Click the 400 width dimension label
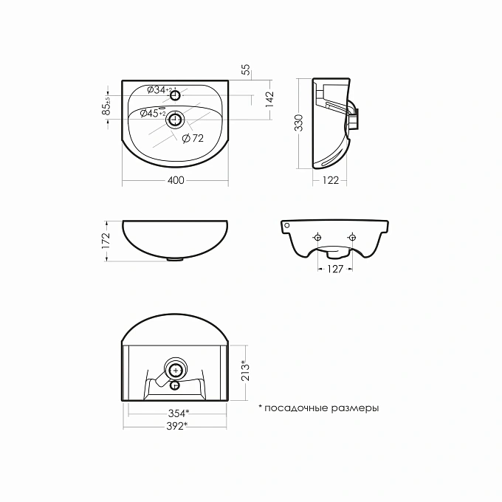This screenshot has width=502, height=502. tap(176, 180)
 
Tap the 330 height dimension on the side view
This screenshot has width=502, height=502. tap(299, 123)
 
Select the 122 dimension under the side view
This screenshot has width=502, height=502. tap(331, 181)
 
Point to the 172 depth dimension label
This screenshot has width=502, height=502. tap(106, 241)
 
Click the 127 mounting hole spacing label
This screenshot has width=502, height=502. tap(335, 269)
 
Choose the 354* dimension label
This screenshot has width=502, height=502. tap(179, 413)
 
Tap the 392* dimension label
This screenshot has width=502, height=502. tap(176, 426)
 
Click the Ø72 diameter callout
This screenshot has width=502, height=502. tap(193, 138)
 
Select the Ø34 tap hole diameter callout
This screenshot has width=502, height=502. tap(159, 89)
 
